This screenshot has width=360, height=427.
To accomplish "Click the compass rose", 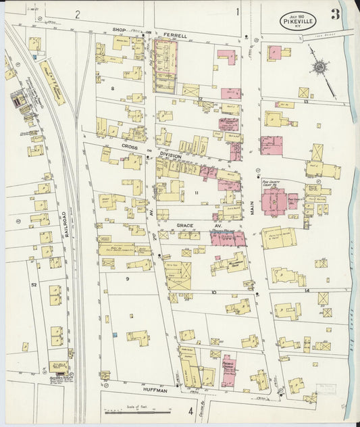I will point(319,68).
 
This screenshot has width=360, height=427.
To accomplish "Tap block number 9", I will point(126,278).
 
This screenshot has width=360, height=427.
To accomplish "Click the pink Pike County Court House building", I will point(274,201).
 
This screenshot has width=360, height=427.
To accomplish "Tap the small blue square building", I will point(115,335).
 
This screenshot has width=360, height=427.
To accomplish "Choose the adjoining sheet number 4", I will point(190,410).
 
